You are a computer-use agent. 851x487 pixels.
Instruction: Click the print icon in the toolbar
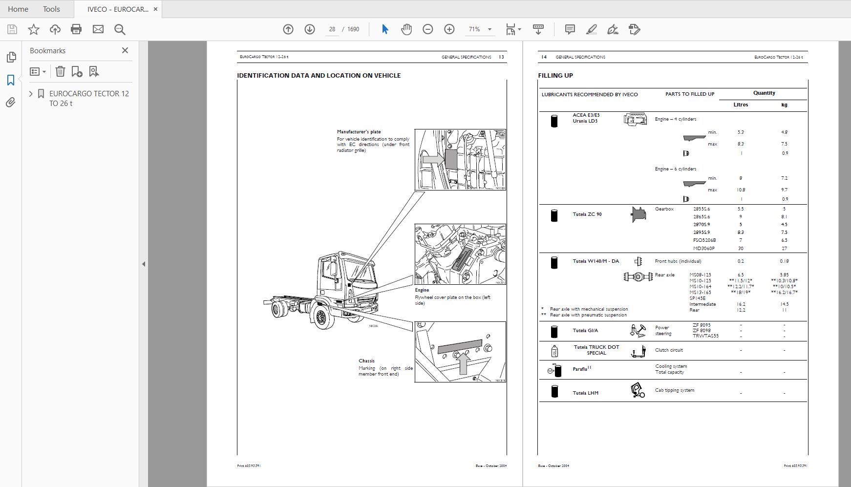76,29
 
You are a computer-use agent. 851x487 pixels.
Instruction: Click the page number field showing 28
332,29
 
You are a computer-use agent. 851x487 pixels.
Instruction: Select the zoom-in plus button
449,29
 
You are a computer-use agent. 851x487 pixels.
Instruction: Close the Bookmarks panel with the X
125,50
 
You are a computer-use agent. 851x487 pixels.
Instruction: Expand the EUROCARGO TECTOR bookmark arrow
31,93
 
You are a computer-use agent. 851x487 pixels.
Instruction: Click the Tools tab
51,9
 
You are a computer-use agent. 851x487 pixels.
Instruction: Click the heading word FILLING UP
555,76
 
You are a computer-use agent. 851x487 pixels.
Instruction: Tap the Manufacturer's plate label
359,132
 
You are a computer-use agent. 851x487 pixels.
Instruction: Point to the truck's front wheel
321,318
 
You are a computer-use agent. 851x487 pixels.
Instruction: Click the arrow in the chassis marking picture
463,363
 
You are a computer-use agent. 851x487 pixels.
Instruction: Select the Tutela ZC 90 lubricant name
587,214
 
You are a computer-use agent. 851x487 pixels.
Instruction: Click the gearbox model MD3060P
703,248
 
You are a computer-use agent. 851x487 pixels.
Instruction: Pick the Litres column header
741,105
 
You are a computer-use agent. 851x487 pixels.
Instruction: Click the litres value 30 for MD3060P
741,248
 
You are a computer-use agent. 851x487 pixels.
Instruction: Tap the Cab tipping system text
674,390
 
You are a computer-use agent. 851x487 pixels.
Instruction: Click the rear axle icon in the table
638,277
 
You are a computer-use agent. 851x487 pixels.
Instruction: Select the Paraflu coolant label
580,369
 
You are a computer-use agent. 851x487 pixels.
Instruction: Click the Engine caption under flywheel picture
422,290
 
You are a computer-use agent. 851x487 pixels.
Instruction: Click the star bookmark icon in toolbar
34,29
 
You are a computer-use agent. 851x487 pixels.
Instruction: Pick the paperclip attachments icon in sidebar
11,103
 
